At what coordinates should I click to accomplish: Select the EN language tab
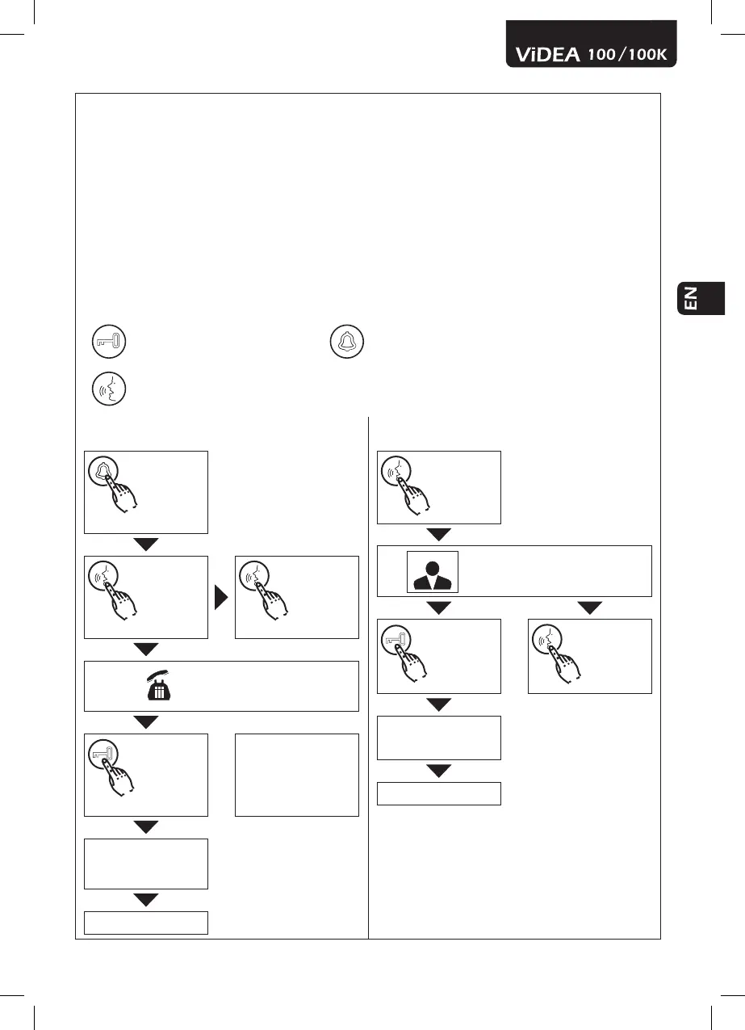701,297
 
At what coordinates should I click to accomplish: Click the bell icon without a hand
347,343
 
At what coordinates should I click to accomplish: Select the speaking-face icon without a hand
107,388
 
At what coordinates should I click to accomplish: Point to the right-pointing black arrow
220,597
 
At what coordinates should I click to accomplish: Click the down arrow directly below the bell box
146,544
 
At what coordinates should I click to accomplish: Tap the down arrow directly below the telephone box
146,722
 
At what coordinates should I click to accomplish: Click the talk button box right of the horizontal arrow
296,597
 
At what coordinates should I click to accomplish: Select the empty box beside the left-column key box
296,775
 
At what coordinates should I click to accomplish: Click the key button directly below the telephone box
146,775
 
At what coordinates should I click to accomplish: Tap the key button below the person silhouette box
439,656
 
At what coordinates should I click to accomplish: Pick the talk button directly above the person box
439,487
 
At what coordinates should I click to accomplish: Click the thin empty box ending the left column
146,923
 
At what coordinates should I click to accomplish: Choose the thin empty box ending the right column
439,793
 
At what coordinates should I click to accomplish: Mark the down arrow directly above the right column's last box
439,771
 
